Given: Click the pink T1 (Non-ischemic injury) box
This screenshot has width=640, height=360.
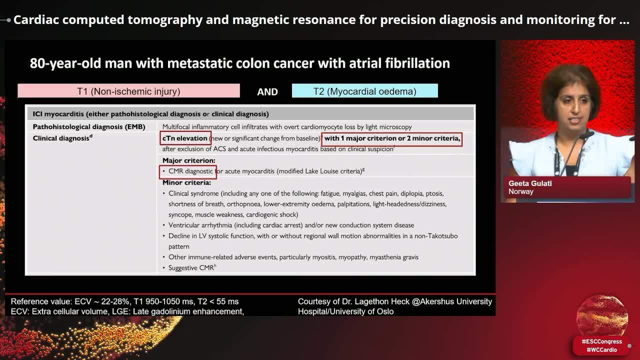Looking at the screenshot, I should tap(128, 91).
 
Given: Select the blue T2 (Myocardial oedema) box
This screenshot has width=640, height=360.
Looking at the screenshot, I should tap(364, 91).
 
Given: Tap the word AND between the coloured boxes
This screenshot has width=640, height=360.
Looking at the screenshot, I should tap(267, 91).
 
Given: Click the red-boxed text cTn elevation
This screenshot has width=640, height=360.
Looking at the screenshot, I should tap(185, 138).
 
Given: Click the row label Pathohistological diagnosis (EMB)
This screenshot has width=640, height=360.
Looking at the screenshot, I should tap(89, 127).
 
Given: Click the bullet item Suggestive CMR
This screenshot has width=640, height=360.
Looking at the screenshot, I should tap(191, 268).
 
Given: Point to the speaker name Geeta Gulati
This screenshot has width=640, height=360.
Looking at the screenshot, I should tap(530, 183).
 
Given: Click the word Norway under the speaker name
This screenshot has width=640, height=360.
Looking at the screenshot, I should tap(520, 191).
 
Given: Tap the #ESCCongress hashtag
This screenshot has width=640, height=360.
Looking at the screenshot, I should tap(601, 341).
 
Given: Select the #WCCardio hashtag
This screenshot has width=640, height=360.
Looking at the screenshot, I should tap(601, 350).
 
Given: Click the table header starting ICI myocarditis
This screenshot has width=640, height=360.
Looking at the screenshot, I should tap(150, 114).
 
